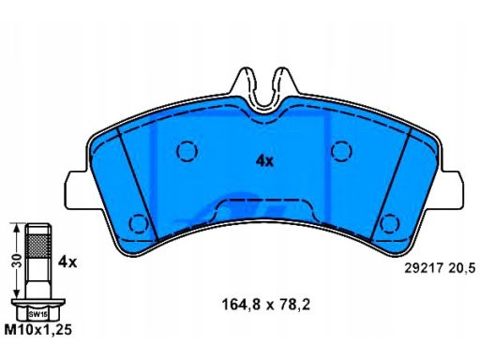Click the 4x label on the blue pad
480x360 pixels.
click(264, 161)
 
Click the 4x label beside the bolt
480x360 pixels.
click(67, 262)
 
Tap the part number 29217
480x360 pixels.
click(424, 268)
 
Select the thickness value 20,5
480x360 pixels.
click(462, 268)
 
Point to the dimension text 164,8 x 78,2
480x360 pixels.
click(266, 305)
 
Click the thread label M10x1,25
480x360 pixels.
click(37, 330)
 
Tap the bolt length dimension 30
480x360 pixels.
click(18, 261)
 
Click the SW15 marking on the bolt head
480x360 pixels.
click(37, 315)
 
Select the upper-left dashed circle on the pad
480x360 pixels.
click(187, 151)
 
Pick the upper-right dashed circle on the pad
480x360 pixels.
click(341, 151)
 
